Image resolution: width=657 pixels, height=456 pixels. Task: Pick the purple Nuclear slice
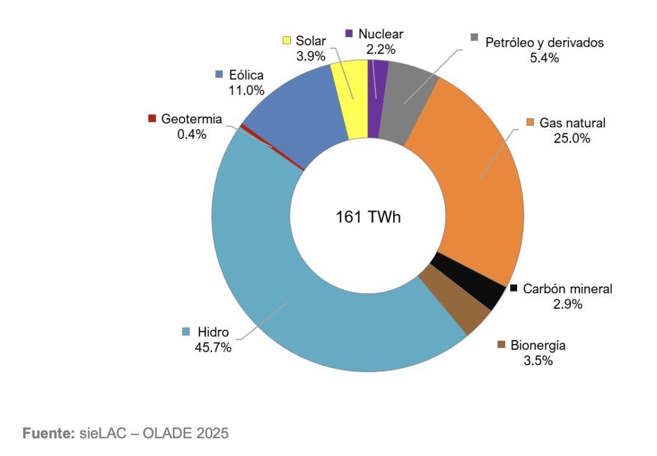(x=377, y=98)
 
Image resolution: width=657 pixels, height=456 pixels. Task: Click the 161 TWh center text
(x=368, y=217)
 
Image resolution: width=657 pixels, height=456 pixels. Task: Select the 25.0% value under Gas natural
(x=572, y=138)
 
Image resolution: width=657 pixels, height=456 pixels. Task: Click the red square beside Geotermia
(x=152, y=118)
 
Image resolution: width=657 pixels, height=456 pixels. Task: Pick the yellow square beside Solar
(x=286, y=40)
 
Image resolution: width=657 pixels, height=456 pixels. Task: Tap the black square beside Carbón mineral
(x=514, y=288)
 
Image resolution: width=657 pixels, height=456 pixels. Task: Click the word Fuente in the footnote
(x=48, y=433)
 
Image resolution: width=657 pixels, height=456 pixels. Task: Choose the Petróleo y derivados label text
(x=544, y=43)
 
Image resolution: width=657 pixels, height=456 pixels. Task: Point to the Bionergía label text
(x=538, y=346)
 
